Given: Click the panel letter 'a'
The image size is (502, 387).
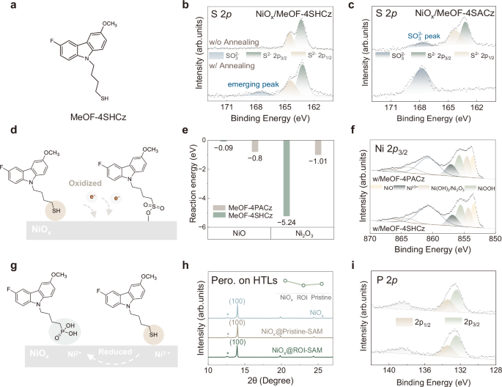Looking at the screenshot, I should coord(7,8).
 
